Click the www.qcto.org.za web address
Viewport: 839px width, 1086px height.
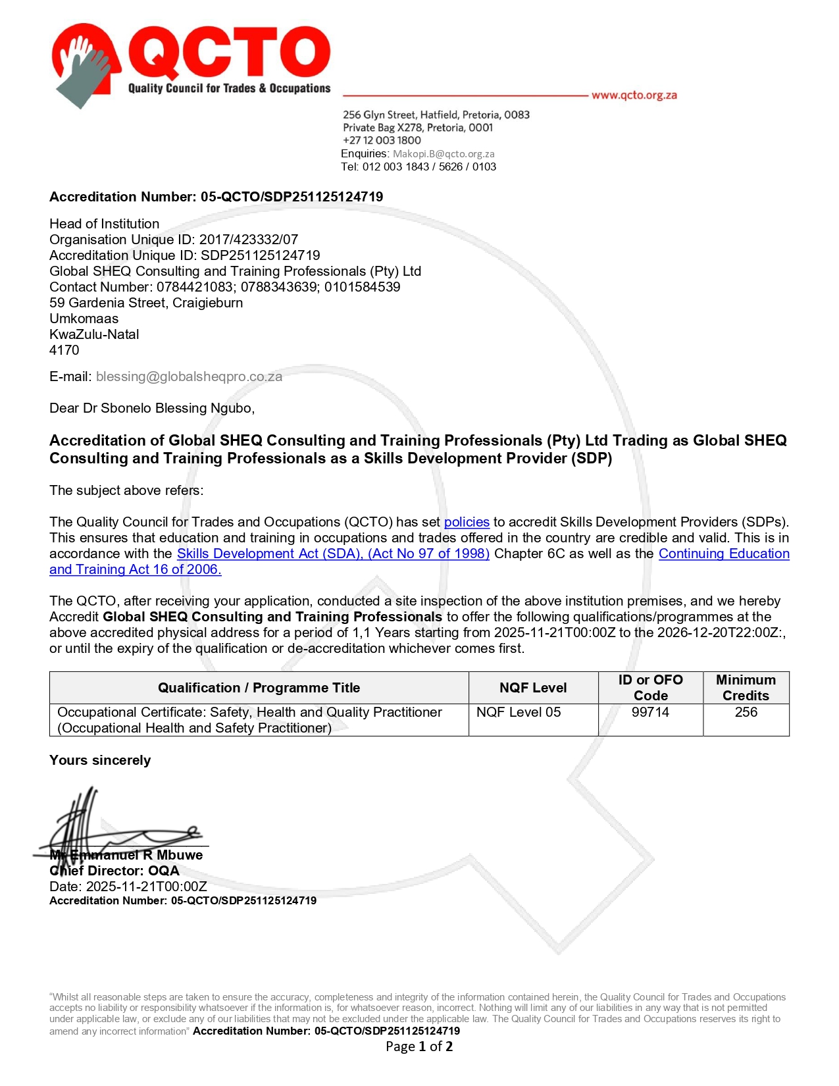tap(634, 95)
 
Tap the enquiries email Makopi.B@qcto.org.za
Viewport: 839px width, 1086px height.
tap(444, 154)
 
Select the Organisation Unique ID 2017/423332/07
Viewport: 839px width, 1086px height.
tap(248, 240)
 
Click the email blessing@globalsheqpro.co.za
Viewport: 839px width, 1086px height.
tap(189, 376)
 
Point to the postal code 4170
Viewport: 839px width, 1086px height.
tap(64, 350)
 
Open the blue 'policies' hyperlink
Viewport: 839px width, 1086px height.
tap(467, 522)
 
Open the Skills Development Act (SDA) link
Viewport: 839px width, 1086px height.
tap(333, 554)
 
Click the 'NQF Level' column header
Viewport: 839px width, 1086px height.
tap(533, 688)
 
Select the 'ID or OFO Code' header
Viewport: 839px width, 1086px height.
tap(650, 688)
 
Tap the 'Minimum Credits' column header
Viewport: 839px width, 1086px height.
tap(746, 688)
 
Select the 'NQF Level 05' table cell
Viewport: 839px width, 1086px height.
tap(519, 712)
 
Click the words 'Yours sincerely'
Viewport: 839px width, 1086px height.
tap(100, 760)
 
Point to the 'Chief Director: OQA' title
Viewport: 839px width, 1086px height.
tap(114, 871)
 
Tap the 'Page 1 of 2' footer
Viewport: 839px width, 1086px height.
tap(419, 1047)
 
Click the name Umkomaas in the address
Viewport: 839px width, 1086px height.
tap(84, 319)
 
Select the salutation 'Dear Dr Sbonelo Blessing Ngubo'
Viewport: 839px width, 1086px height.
tap(151, 408)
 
